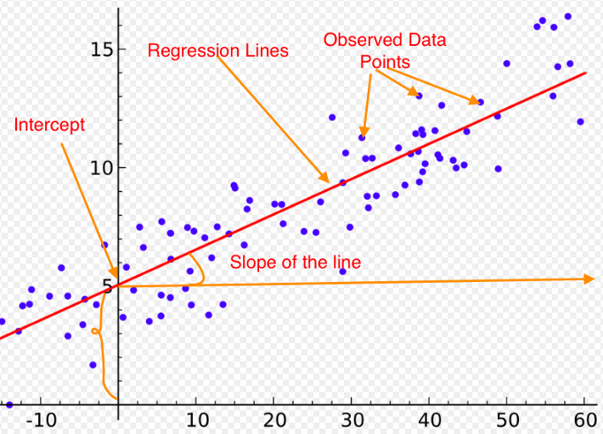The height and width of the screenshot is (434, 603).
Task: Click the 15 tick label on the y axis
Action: (102, 50)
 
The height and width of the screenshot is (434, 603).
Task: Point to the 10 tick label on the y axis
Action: (102, 168)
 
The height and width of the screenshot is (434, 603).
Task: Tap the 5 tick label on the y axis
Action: (109, 285)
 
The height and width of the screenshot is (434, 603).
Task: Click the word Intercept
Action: (49, 125)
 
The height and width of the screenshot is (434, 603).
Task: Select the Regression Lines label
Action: (218, 51)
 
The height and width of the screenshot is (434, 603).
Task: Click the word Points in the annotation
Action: (385, 62)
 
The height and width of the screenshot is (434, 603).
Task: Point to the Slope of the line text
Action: (296, 262)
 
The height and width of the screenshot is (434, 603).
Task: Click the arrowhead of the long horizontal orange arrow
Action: (589, 279)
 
